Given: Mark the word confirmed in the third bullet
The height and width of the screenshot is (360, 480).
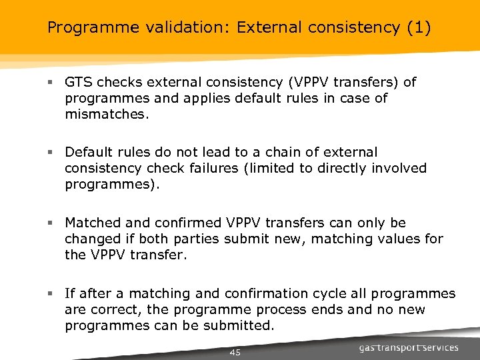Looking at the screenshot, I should tap(183, 223).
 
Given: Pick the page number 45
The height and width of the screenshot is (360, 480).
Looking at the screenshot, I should tap(235, 352).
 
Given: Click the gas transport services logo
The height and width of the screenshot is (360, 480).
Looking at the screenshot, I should tap(409, 347).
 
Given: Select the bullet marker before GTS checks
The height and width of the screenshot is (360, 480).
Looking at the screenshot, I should tap(50, 83).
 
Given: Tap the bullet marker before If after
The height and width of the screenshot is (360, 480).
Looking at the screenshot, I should tap(50, 294).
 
